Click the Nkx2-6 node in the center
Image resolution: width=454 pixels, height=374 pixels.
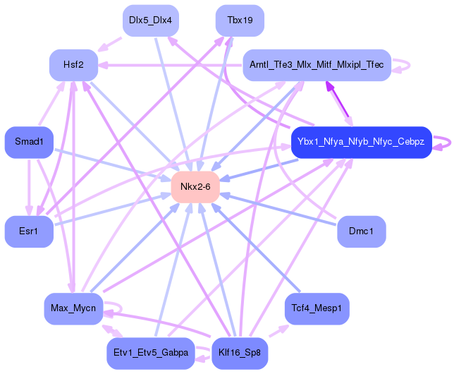point(195,186)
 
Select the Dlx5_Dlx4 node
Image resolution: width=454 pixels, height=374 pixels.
point(149,20)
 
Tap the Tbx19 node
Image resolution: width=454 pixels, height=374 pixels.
point(240,20)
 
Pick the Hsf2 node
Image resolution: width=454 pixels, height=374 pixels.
point(73,65)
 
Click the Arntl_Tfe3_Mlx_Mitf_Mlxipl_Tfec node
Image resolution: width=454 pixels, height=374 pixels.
point(317,65)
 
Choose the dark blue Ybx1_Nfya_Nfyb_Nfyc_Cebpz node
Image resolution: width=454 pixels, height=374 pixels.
point(360,142)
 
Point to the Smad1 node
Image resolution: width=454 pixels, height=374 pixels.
point(29,142)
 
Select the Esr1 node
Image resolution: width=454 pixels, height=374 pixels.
point(29,231)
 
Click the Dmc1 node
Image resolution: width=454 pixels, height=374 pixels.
point(361,231)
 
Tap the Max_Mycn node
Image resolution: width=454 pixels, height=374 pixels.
point(73,308)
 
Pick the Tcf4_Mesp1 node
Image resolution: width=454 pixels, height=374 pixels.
point(317,308)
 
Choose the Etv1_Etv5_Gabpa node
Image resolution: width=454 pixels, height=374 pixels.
point(150,354)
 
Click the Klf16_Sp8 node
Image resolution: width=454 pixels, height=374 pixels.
point(240,354)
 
